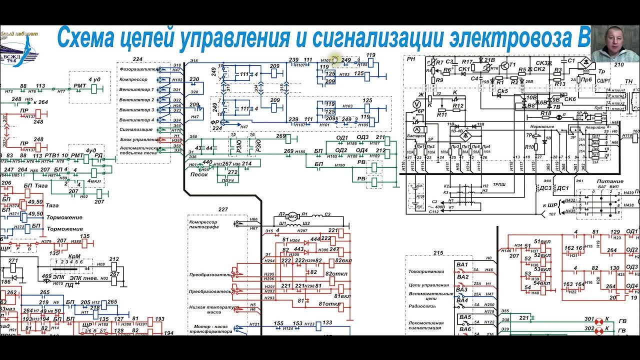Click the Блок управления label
(139, 139)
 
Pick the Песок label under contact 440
(199, 174)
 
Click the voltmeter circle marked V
(414, 103)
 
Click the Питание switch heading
(609, 181)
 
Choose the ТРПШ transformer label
(500, 184)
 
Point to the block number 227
(223, 209)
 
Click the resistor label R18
(545, 113)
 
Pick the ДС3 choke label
(546, 188)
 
